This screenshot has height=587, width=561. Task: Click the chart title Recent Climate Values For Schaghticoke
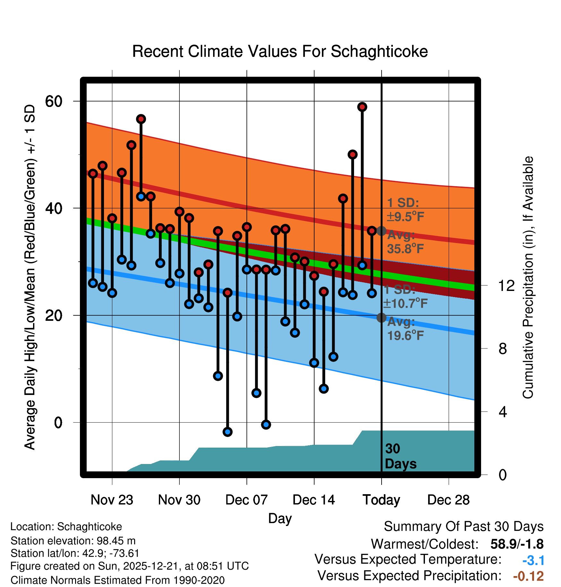tap(280, 51)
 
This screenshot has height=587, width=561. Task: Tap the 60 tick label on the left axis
tap(54, 101)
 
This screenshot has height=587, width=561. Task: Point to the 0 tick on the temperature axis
tap(58, 423)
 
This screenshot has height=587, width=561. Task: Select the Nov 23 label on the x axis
tap(112, 500)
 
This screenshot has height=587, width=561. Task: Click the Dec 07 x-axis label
tap(246, 500)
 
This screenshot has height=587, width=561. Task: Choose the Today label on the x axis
tap(381, 500)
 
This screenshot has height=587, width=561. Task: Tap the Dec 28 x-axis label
tap(448, 500)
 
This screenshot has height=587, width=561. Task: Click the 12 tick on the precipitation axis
tap(506, 285)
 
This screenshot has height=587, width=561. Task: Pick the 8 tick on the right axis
tap(503, 349)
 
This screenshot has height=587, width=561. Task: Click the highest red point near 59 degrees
tap(362, 107)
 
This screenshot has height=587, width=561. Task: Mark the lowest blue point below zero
tap(228, 432)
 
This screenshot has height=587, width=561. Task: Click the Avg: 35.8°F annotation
tap(405, 242)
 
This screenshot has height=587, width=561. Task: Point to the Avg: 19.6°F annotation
tap(405, 329)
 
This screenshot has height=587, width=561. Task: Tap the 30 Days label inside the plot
tap(400, 456)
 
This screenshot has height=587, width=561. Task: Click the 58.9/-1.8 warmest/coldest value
tap(517, 544)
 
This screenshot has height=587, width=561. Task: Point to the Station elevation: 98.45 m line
tap(73, 541)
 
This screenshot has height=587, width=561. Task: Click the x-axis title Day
tap(280, 518)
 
